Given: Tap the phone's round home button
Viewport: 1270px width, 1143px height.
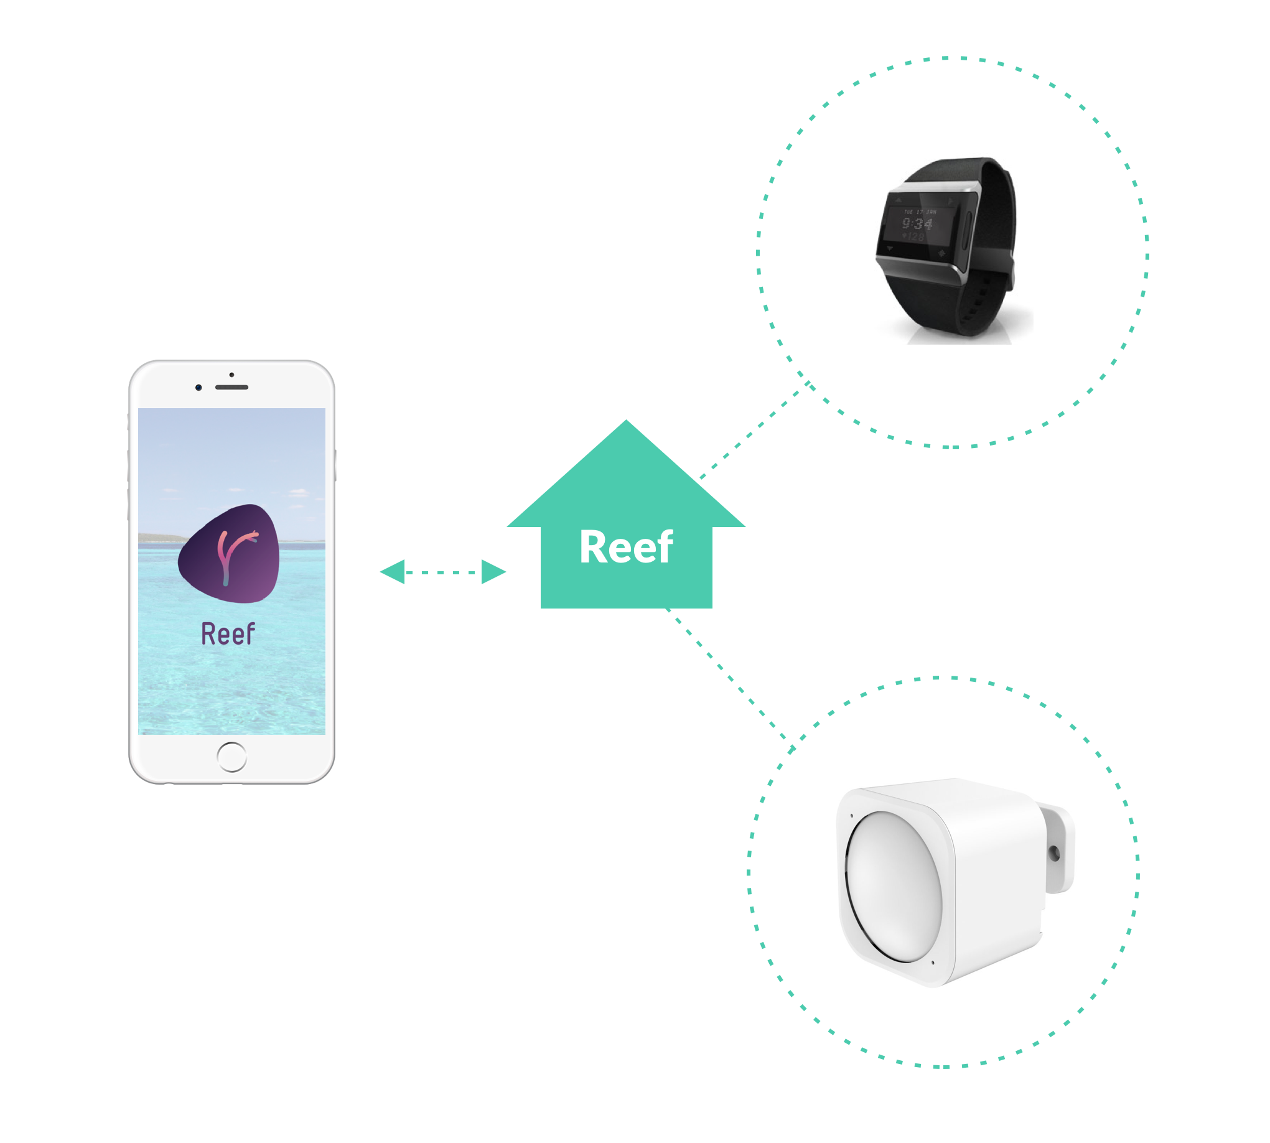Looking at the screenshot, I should [x=231, y=757].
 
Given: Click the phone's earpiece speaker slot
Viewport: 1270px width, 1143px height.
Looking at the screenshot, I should [x=231, y=387].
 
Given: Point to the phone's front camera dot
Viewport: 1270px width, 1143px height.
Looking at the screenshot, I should [x=198, y=388].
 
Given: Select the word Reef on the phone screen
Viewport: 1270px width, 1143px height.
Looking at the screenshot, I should [x=228, y=633].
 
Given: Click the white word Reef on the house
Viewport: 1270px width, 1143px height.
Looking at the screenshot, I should [x=625, y=547].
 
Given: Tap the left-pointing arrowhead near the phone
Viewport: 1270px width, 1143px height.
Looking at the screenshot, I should [x=393, y=572].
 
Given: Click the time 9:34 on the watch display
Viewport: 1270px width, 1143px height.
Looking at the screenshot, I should [x=917, y=224].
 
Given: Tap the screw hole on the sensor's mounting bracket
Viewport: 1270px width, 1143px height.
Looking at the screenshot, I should [x=1054, y=853].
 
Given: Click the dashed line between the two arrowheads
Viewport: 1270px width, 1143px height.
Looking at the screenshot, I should [x=442, y=572].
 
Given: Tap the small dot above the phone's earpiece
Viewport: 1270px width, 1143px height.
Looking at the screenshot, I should [x=231, y=375].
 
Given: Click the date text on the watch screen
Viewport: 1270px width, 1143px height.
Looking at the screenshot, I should [x=920, y=212].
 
